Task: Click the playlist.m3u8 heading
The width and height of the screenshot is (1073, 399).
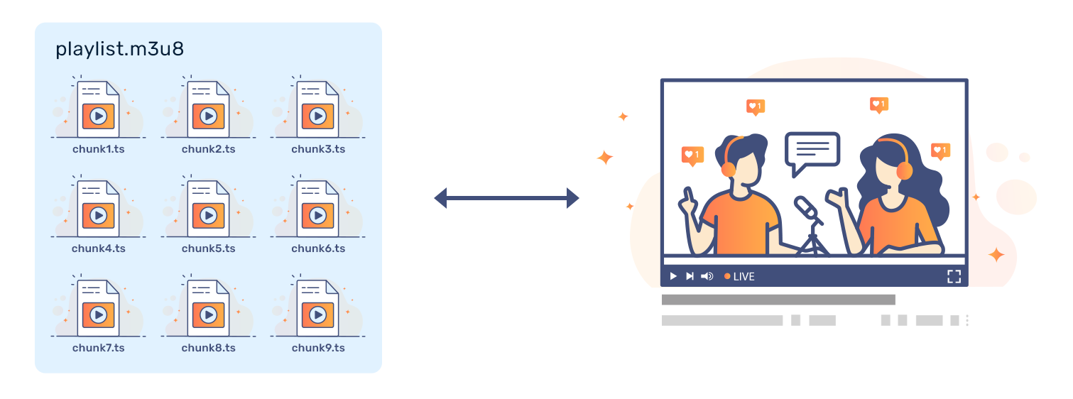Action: [120, 50]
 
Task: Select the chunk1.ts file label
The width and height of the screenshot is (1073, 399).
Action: [99, 149]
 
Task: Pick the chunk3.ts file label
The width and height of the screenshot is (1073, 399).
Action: [318, 149]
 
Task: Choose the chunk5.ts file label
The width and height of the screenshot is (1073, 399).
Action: [208, 248]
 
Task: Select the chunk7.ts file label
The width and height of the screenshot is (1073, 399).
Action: [99, 348]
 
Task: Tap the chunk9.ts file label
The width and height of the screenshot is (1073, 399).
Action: [318, 348]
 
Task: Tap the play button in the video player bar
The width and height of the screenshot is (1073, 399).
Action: [673, 276]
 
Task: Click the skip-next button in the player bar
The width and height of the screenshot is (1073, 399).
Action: [690, 276]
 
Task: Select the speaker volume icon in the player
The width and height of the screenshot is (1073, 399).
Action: [707, 276]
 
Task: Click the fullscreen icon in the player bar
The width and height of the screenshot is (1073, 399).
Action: [954, 276]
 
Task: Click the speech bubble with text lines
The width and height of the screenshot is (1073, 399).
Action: [812, 151]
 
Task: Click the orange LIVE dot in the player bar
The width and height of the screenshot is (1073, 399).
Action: [727, 276]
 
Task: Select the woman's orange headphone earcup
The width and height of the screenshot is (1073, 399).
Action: [904, 171]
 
